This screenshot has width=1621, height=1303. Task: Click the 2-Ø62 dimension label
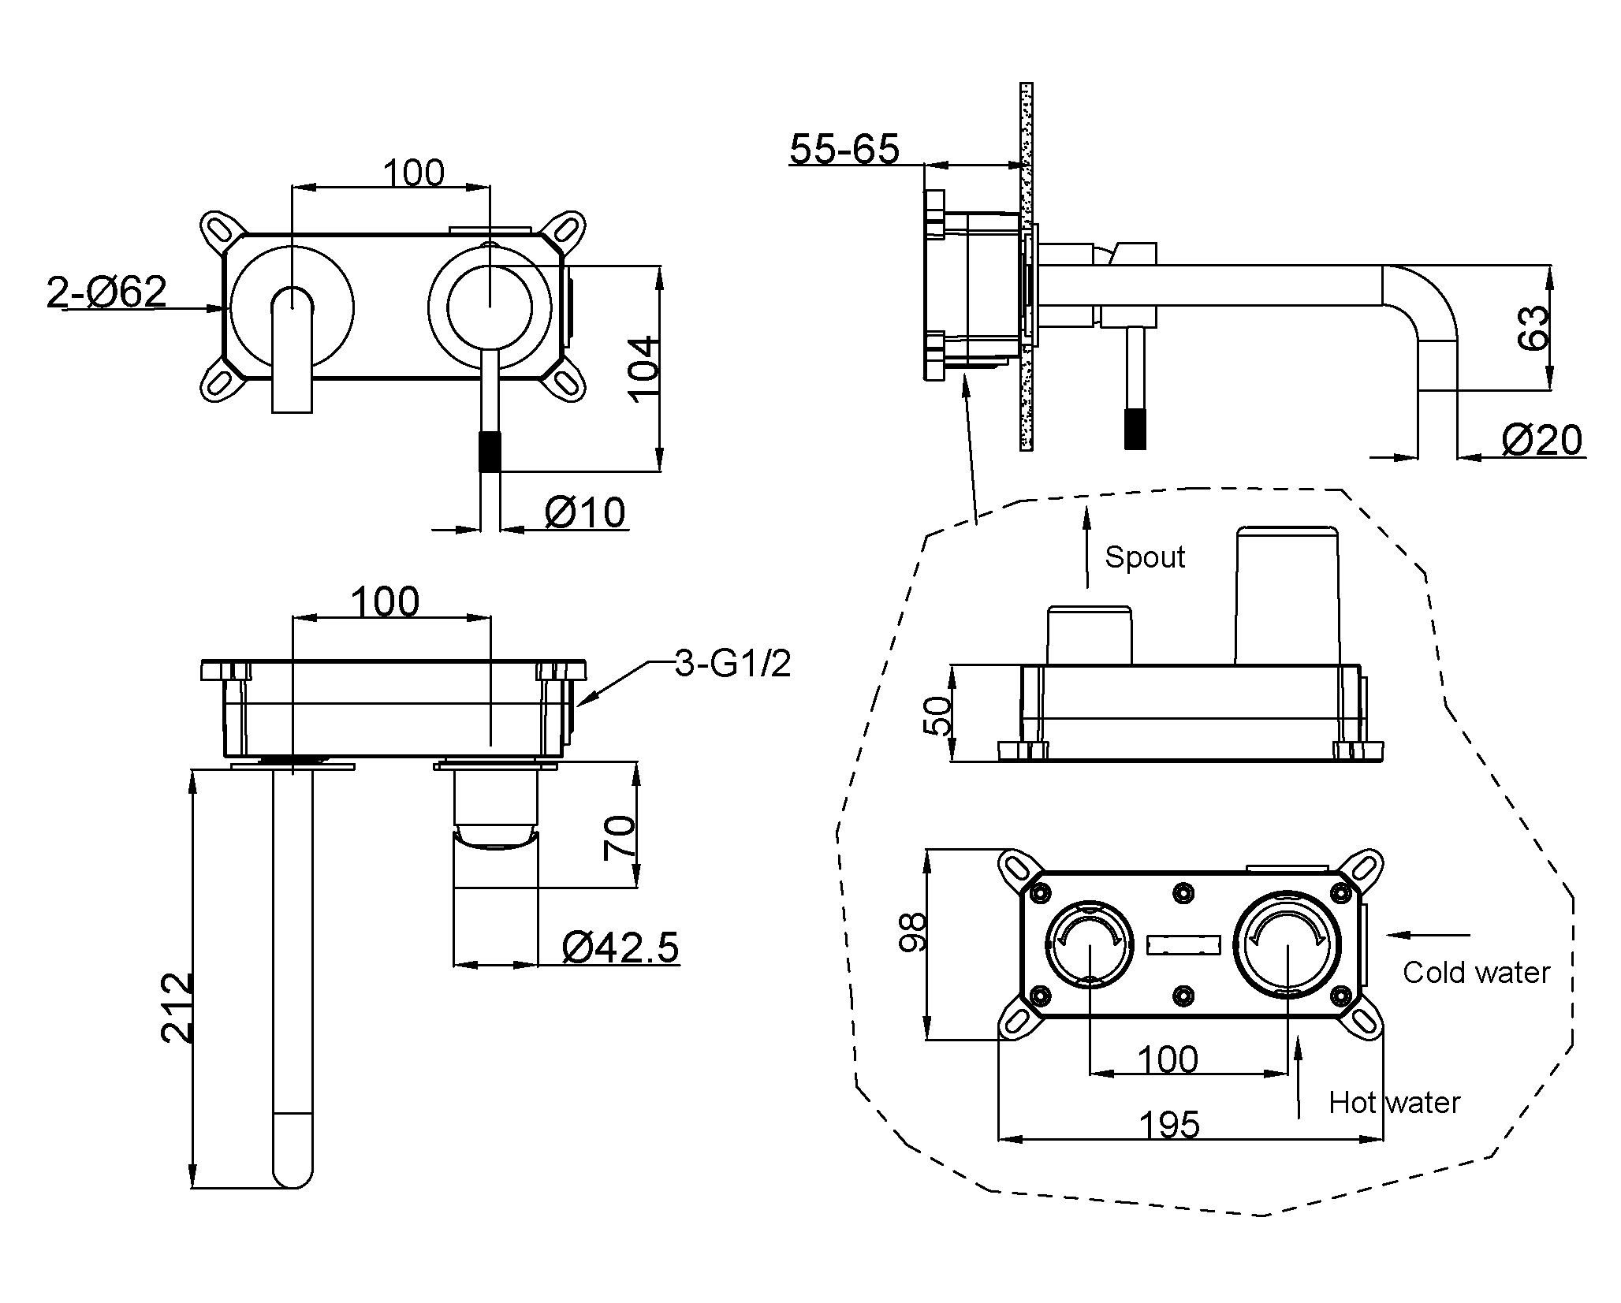(107, 292)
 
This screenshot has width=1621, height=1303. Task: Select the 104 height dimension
(645, 369)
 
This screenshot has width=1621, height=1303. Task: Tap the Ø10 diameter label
(585, 512)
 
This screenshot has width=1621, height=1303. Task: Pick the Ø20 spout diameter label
(1541, 440)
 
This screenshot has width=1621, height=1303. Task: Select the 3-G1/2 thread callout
(732, 664)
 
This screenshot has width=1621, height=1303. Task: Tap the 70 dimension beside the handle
(619, 837)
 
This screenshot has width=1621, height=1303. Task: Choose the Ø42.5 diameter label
(620, 947)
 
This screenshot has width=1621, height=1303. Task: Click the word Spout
(1145, 557)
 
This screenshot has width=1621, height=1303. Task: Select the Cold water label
(1476, 972)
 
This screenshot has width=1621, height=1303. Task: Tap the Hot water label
(1394, 1102)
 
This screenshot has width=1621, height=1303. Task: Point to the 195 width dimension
(1170, 1124)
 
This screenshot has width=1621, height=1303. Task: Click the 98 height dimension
(913, 933)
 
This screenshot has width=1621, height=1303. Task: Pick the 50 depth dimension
(937, 715)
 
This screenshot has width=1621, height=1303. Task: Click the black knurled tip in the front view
(490, 451)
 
